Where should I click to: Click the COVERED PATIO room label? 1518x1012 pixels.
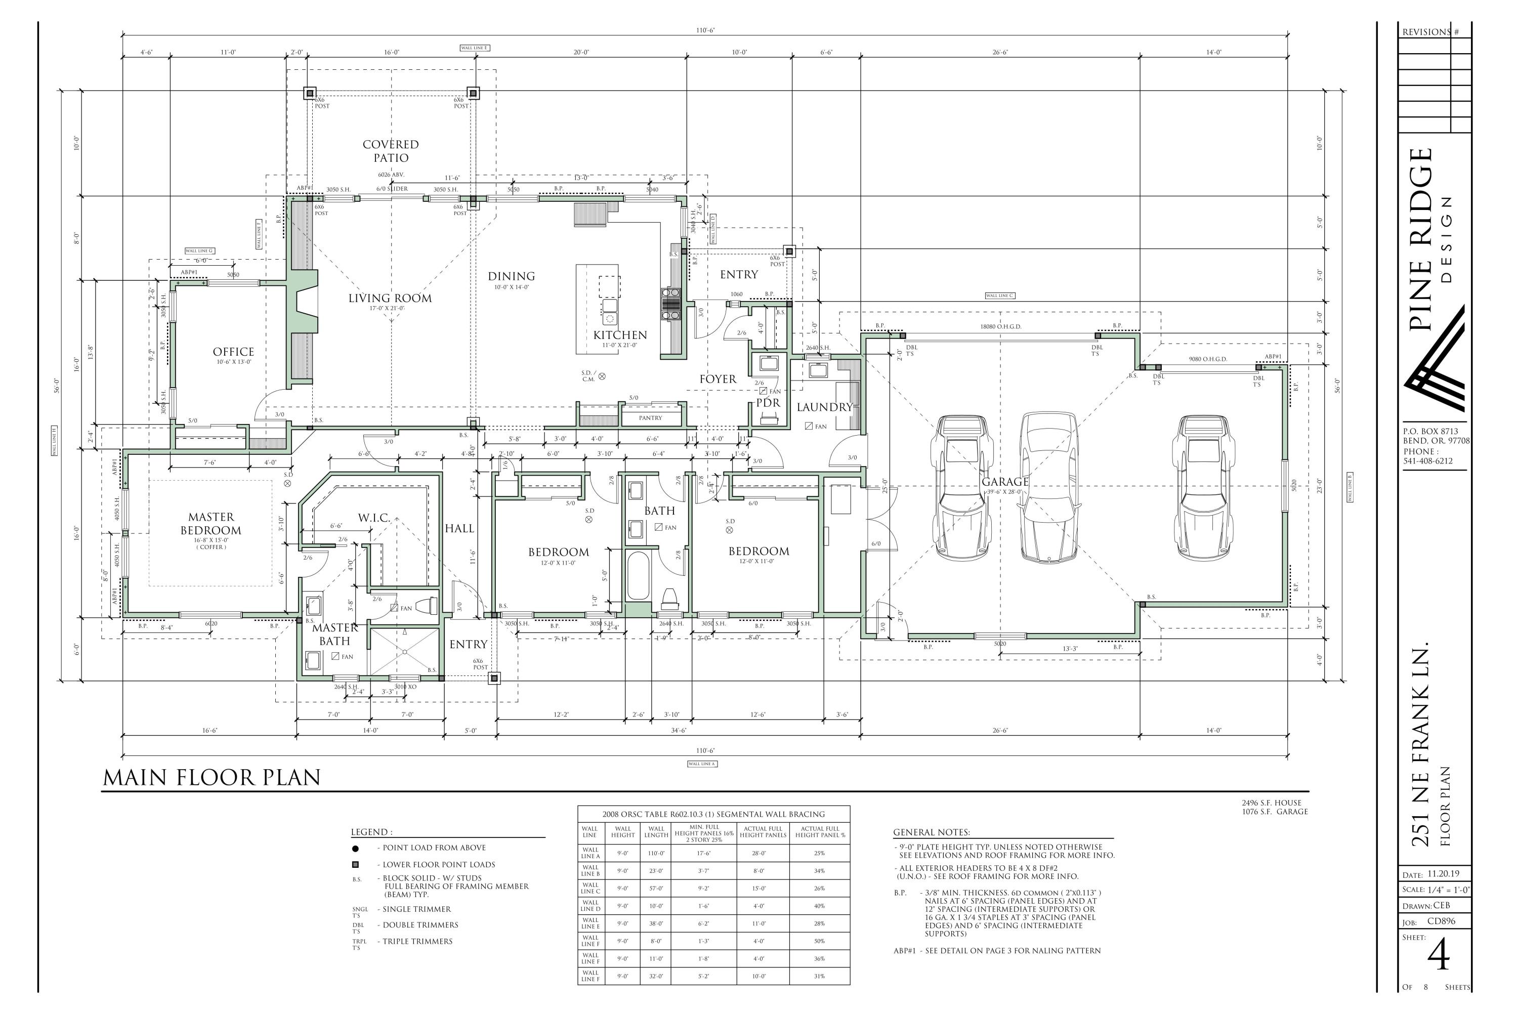[391, 151]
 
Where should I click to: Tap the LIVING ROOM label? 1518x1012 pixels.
[390, 298]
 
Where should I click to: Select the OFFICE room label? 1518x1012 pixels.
[234, 352]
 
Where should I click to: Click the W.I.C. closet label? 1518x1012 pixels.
[374, 518]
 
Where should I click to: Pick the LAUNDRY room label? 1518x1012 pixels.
[824, 407]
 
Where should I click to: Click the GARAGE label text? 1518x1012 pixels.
[1004, 482]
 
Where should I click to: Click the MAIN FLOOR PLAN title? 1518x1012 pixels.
[212, 778]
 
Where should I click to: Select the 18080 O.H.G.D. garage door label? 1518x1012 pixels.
[1000, 326]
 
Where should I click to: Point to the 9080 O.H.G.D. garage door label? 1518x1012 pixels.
[1207, 359]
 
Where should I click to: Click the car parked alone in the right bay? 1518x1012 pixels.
[1201, 487]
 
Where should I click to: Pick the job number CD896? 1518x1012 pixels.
[1441, 921]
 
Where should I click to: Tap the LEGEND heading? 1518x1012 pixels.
[371, 832]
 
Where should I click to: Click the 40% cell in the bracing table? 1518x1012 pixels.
[819, 906]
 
